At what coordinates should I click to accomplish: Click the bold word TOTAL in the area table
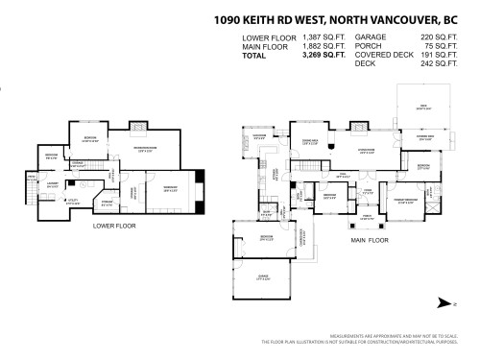click(256, 54)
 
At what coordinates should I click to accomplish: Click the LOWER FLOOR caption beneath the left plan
click(114, 226)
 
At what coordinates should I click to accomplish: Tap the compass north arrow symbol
click(444, 303)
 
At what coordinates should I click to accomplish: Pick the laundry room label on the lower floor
click(53, 182)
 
